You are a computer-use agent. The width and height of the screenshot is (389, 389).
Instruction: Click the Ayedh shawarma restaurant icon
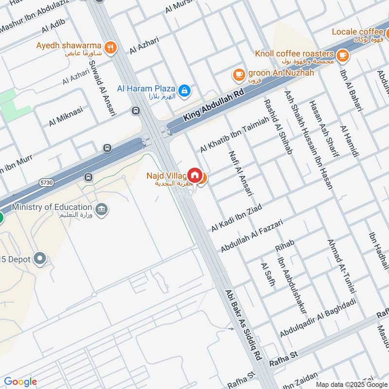[x=111, y=47]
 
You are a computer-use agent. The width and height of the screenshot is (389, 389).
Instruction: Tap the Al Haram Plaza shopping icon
[x=184, y=90]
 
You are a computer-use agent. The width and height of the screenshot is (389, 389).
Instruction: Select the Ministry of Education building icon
[x=102, y=210]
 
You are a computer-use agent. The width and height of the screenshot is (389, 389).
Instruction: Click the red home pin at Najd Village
[x=194, y=175]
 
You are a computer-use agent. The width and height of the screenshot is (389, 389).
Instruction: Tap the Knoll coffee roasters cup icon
[x=343, y=55]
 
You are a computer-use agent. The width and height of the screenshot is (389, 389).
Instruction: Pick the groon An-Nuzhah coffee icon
[x=238, y=74]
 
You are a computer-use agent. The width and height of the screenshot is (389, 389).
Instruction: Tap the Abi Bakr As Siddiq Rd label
[x=241, y=324]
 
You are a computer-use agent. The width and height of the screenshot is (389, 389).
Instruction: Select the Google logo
[x=20, y=382]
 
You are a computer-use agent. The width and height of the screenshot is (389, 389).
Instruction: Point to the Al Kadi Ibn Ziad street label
[x=236, y=218]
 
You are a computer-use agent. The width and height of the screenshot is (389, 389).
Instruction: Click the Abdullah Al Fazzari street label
[x=251, y=235]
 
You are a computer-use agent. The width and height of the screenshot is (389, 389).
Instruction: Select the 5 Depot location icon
[x=41, y=259]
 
